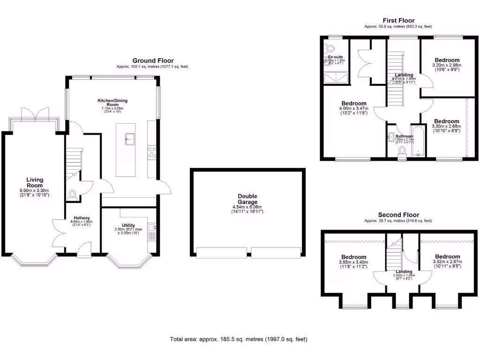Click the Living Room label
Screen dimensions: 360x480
[x=35, y=182]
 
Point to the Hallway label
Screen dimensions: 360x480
[x=82, y=218]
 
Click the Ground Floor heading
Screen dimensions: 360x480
[x=153, y=60]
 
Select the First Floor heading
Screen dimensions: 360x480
[x=398, y=20]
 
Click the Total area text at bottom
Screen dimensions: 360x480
[x=238, y=339]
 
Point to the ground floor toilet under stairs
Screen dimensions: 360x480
[x=72, y=194]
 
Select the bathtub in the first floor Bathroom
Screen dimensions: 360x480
[x=417, y=141]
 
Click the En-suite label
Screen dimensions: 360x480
[x=336, y=57]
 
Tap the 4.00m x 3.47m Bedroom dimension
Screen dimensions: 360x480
[x=353, y=109]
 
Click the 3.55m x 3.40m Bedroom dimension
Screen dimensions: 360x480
[x=353, y=262]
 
